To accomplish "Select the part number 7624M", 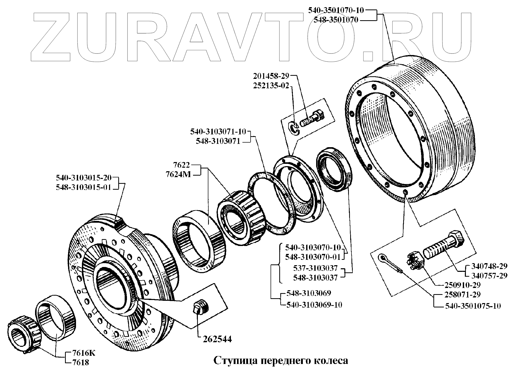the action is (178, 175).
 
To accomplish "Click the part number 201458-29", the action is (271, 76).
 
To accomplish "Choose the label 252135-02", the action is (271, 85).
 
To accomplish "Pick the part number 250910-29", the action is (463, 285).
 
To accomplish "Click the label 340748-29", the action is (489, 266).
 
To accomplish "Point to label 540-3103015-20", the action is (84, 177).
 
